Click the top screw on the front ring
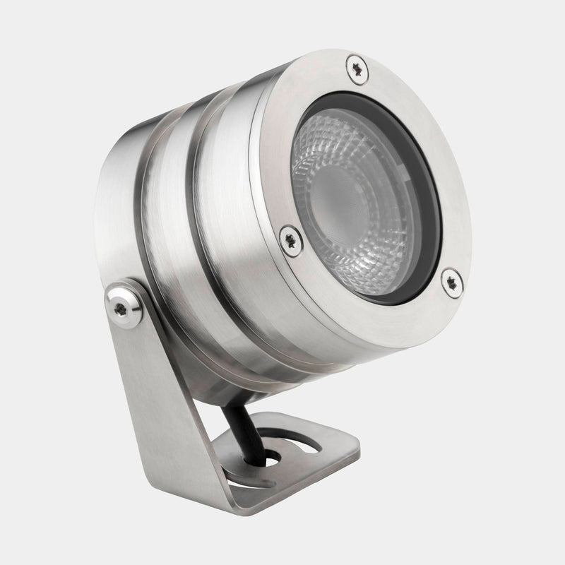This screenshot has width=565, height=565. click(357, 69)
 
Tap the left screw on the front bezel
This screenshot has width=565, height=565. click(290, 239)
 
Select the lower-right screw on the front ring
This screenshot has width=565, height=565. click(451, 280)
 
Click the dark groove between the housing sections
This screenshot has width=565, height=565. click(194, 233)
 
